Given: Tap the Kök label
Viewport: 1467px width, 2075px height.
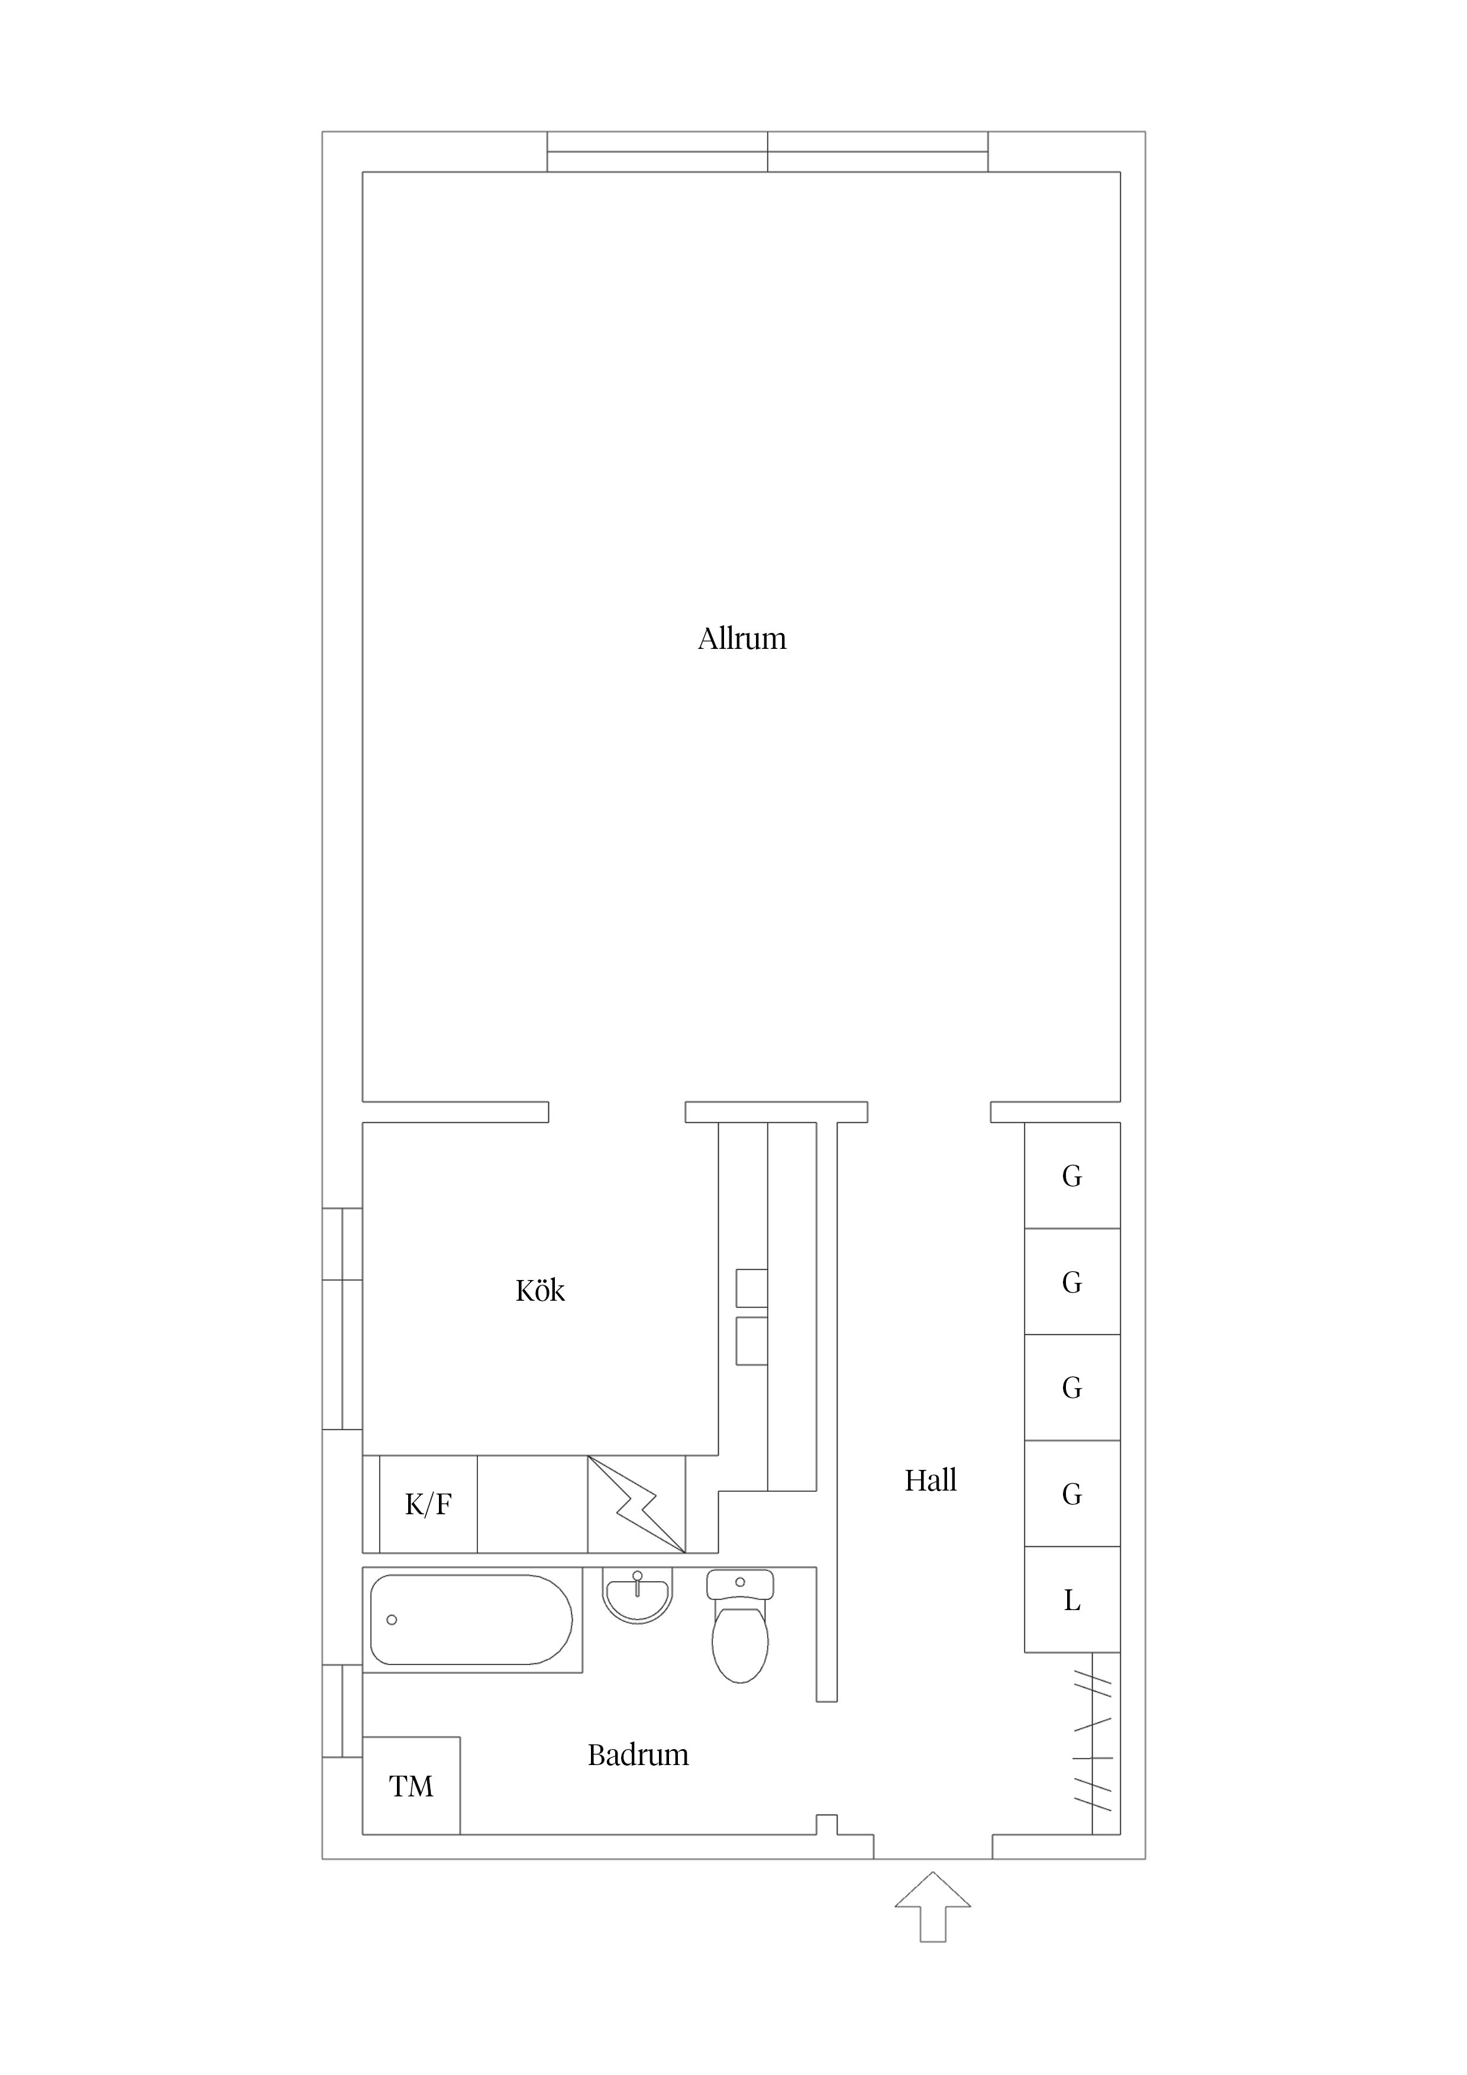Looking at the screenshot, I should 539,1291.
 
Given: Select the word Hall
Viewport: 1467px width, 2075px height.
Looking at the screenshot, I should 930,1481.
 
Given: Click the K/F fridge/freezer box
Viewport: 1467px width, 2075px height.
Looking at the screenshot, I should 428,1505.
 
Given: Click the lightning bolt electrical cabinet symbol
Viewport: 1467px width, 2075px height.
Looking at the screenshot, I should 636,1505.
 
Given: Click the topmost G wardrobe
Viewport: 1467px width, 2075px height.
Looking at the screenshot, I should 1072,1176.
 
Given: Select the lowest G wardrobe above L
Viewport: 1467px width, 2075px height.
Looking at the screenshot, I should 1072,1494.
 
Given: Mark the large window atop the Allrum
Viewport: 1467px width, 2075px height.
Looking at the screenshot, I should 767,152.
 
